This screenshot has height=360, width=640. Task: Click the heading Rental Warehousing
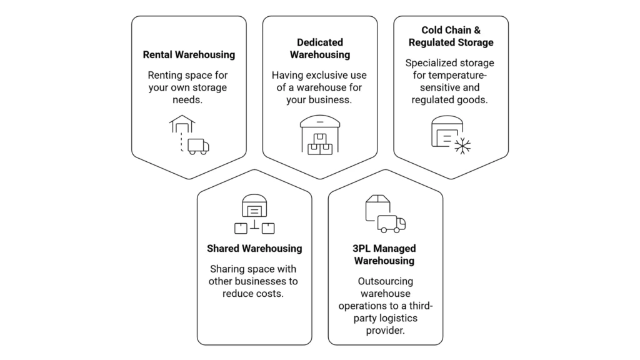pyautogui.click(x=189, y=54)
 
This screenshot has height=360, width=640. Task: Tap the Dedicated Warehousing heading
pyautogui.click(x=319, y=48)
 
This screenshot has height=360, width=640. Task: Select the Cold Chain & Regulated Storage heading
pyautogui.click(x=451, y=36)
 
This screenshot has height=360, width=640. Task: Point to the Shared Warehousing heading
pyautogui.click(x=254, y=248)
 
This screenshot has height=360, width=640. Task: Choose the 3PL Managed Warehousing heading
pyautogui.click(x=384, y=254)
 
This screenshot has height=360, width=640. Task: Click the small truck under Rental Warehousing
pyautogui.click(x=198, y=146)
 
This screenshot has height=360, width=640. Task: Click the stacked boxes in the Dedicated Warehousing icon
pyautogui.click(x=320, y=145)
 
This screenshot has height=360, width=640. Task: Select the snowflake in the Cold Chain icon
pyautogui.click(x=462, y=146)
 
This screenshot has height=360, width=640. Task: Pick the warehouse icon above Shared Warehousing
pyautogui.click(x=254, y=206)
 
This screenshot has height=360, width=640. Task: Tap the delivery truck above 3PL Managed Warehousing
pyautogui.click(x=392, y=224)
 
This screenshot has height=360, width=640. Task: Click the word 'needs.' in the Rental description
pyautogui.click(x=189, y=99)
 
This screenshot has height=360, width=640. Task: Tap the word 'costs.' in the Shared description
pyautogui.click(x=269, y=293)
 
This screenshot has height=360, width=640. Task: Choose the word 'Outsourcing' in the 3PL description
pyautogui.click(x=385, y=281)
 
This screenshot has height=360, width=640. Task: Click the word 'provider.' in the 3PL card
pyautogui.click(x=385, y=330)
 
